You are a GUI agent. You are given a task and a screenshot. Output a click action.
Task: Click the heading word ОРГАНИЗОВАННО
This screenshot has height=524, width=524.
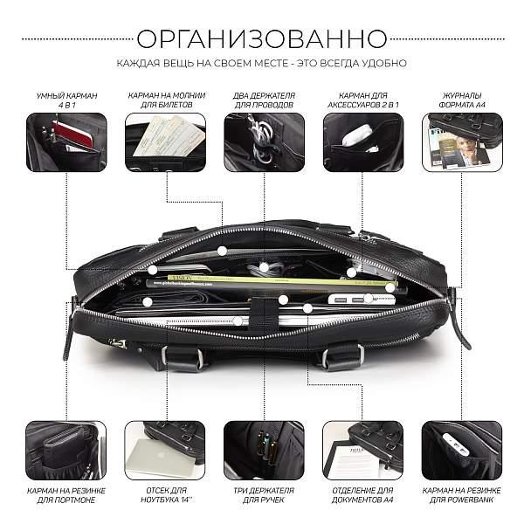pos(262,38)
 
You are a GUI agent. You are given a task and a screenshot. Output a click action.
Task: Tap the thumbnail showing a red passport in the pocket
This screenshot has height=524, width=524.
pos(66,142)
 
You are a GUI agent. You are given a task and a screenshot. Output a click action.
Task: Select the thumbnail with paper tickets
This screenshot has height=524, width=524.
pos(165,142)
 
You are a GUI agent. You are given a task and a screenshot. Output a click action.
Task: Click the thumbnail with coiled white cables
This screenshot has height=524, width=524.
pos(265,142)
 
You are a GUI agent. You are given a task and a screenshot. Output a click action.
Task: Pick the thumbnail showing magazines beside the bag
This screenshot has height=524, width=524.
pos(462,142)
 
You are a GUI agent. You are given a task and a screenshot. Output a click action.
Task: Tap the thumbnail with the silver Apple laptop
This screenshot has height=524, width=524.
pos(165,451)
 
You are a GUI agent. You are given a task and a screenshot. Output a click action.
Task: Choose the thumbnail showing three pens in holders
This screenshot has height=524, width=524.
pos(264,451)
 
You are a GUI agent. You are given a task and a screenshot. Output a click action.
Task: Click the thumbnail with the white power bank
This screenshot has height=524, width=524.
pos(462,451)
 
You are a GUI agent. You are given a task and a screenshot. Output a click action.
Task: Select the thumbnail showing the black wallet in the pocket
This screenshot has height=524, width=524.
pos(66,451)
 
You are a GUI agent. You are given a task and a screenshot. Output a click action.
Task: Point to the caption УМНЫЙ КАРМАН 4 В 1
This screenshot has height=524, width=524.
pos(67,100)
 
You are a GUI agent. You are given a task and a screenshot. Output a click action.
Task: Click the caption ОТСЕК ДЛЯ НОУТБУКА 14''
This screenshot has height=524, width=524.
pos(167,495)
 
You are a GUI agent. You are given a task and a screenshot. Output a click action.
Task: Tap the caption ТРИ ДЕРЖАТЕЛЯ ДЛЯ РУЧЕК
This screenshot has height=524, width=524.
pos(264,495)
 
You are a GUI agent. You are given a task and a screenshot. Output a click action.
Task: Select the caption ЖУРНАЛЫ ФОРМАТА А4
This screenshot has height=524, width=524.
pos(462,100)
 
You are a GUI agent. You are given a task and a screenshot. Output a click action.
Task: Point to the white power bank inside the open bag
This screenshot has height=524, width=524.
pos(361,299)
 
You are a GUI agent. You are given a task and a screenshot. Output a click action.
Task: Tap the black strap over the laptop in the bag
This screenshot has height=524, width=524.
pos(264,314)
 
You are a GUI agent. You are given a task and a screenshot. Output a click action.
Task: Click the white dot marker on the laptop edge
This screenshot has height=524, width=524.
pos(238,321)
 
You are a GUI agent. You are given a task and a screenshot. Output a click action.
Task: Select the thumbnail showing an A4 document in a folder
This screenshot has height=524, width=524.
pos(363,451)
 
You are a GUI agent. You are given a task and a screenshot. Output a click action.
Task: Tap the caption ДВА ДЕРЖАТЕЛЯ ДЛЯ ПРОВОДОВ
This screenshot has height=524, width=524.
pos(264,100)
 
